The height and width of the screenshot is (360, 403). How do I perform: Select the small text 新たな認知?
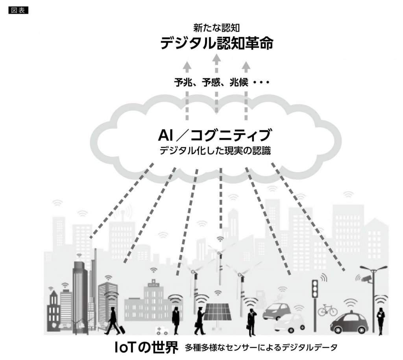[216, 28]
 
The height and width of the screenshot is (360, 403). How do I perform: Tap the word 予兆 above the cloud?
[184, 83]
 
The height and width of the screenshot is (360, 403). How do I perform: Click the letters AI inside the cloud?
[166, 136]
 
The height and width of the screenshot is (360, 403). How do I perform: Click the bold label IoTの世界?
[145, 347]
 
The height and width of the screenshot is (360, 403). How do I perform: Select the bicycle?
[327, 310]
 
